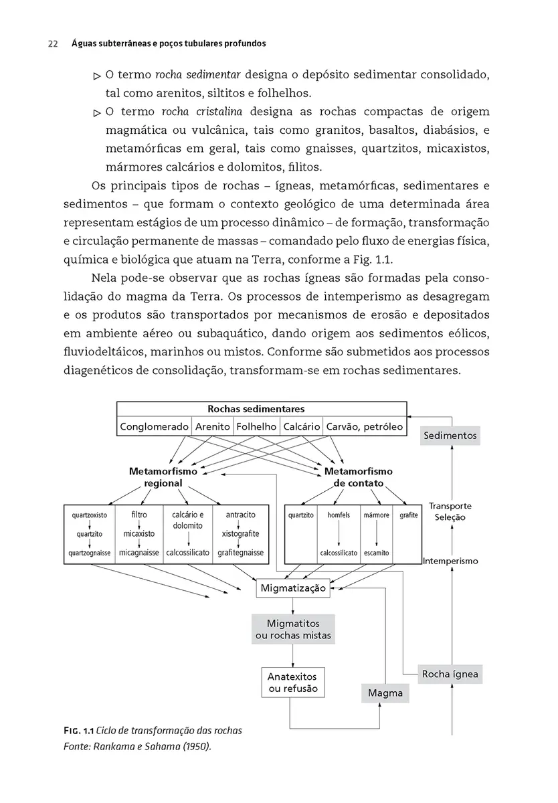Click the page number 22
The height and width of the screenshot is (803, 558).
point(52,44)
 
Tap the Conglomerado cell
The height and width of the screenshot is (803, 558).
point(154,426)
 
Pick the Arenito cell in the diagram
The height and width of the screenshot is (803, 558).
point(213,426)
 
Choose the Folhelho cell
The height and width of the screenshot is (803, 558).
point(256,426)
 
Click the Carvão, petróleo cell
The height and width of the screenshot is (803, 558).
point(364,426)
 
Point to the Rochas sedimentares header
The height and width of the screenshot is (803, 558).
point(256,409)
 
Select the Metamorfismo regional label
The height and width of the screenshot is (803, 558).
point(163,477)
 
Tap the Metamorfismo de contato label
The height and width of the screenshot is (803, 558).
point(358,477)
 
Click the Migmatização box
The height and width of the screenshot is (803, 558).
point(293,588)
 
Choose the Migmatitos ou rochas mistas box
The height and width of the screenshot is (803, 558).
point(293,629)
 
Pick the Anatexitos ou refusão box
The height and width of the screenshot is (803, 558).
point(293,682)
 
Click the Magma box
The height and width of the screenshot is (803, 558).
point(385,693)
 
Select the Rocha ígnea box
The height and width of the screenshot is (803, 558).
point(450,674)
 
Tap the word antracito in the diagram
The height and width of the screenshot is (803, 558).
point(240,515)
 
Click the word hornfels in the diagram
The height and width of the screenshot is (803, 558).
point(339,515)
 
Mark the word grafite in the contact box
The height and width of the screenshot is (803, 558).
point(408,515)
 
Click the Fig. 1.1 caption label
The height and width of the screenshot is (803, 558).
point(74,730)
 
